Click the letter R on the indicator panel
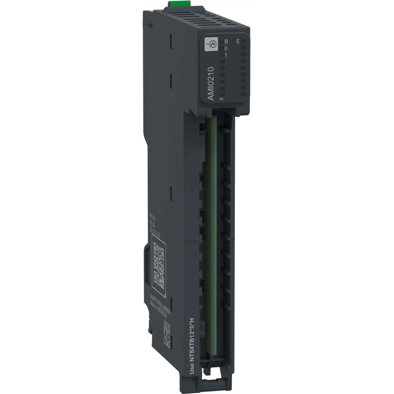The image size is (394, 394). (x=226, y=42)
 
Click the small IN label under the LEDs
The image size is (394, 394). (x=222, y=99)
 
